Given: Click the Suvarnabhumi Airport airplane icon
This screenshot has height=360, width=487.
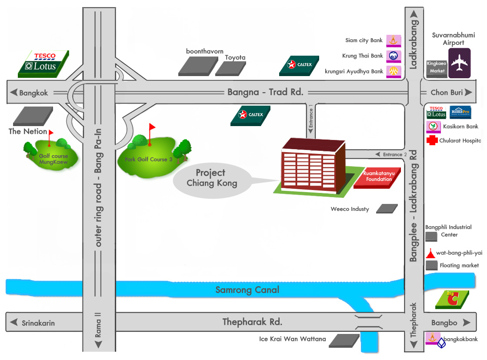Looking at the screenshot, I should (x=459, y=63).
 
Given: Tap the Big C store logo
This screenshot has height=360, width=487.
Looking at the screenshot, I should (x=452, y=300).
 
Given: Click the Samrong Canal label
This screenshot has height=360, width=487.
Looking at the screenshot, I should (x=247, y=290).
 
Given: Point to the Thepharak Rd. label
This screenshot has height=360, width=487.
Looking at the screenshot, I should (x=252, y=322).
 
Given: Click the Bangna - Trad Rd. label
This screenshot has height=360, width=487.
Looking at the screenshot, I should (x=265, y=92).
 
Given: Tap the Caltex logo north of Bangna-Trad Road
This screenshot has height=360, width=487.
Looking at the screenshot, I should (x=299, y=66).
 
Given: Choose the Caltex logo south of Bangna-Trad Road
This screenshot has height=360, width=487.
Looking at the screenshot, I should (x=250, y=115).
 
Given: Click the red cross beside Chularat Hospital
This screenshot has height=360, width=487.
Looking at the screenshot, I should (x=432, y=140).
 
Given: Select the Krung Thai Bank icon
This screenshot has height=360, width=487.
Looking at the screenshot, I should (x=394, y=56).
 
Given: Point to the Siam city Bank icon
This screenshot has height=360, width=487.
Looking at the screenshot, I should (x=394, y=41).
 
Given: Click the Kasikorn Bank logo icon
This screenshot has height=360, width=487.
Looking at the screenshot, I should (x=433, y=127).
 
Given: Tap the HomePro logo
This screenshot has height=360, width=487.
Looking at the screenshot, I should (x=460, y=112).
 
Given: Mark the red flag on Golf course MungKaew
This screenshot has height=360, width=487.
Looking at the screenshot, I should (x=51, y=133).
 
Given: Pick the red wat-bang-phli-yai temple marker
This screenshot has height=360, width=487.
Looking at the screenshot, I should (x=430, y=253).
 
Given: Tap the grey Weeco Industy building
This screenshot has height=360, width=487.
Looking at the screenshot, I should (x=387, y=209).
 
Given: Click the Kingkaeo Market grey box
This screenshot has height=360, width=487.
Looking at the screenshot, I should (x=436, y=69).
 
